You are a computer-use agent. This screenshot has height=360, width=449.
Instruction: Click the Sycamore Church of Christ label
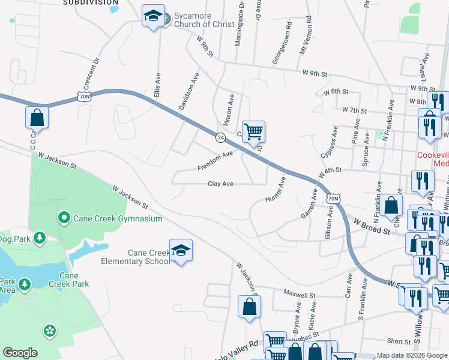[x=199, y=20]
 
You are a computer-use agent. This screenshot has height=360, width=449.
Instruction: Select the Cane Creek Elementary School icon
[x=180, y=251]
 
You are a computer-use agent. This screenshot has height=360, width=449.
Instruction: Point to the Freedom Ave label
[x=215, y=161]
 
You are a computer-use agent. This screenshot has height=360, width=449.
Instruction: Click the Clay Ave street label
[x=220, y=184]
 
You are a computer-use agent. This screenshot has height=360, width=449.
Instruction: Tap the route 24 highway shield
[x=221, y=138]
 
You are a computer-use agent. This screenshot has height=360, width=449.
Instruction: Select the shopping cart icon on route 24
[x=254, y=131]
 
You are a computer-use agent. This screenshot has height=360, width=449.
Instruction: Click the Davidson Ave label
[x=187, y=92]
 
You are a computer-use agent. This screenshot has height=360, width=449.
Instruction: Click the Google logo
[x=20, y=353]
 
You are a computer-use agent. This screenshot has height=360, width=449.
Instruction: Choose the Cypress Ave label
[x=330, y=143]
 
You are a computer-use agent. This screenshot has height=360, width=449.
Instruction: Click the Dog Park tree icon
[x=40, y=238]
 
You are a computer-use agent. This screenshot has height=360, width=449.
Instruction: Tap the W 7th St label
[x=354, y=110]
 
